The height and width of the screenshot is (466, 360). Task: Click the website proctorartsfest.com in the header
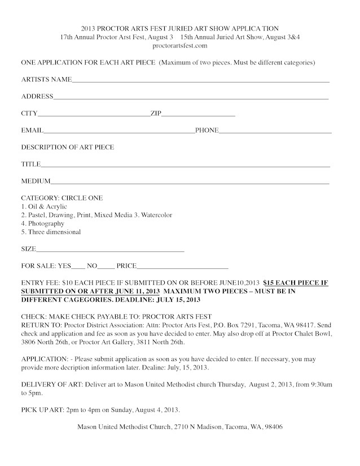pos(180,45)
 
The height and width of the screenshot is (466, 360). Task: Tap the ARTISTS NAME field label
pos(46,80)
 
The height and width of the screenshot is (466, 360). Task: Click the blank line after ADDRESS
pos(191,97)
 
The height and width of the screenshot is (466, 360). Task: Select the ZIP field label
pos(156,114)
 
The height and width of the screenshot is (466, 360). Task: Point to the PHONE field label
pos(207,130)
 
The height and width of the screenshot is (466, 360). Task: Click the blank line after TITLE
pos(185,165)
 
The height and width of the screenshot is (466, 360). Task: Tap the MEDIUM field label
pos(36,182)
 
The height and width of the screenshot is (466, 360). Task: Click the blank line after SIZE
pos(110,249)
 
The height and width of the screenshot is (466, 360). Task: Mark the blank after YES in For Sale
pos(79,266)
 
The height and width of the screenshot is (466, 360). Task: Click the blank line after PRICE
pos(183,266)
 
